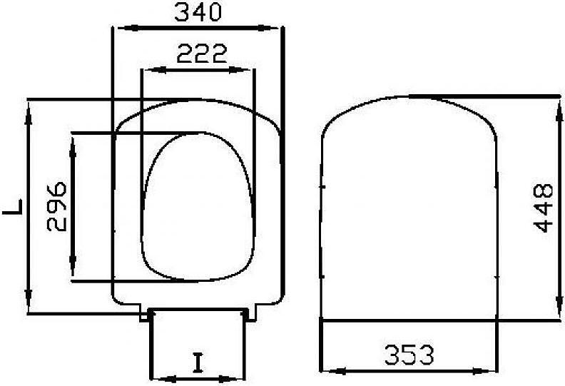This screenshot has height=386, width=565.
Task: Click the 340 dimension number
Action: (x=198, y=12)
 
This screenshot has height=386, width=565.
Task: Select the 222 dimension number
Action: (x=202, y=54)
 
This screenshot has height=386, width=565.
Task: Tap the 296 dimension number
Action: (x=57, y=206)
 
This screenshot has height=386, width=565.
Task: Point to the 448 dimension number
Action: (x=543, y=208)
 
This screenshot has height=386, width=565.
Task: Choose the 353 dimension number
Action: (x=409, y=355)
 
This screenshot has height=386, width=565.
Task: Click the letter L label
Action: (x=13, y=207)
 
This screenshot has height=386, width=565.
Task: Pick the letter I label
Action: (x=198, y=362)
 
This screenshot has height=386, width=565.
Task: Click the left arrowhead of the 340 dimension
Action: (x=128, y=28)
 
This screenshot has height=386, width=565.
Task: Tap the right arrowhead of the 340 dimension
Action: (x=267, y=28)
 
